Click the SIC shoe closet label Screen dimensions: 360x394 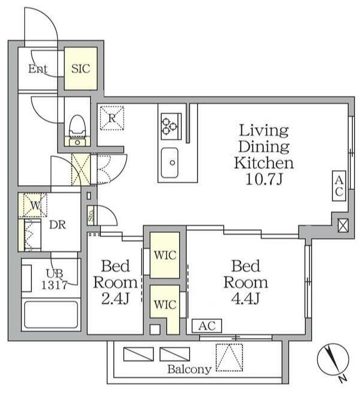81,69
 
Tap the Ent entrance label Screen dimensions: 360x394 38,69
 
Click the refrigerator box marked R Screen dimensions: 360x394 112,118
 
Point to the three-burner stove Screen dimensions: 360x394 171,127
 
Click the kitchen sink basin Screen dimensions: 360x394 170,162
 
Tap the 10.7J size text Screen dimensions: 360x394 264,179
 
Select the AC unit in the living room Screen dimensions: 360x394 339,186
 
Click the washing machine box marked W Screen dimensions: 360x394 35,205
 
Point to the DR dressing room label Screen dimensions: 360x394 57,225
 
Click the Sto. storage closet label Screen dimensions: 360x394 91,216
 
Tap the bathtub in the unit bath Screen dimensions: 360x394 51,315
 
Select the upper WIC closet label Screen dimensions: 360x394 165,256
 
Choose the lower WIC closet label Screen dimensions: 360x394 165,304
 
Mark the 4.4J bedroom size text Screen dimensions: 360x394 245,298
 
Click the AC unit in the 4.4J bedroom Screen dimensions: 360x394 207,326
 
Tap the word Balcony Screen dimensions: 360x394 189,370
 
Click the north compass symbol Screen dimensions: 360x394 333,361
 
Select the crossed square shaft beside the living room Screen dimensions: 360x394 343,226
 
